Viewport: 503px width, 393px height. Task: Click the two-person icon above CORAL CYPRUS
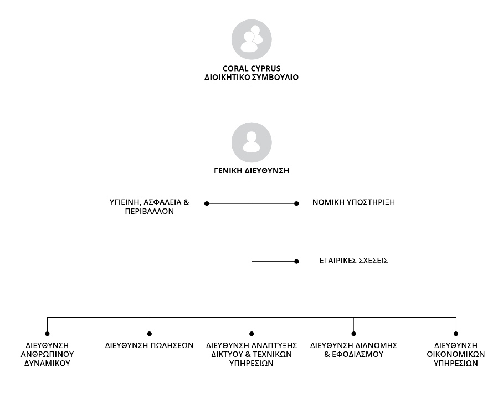coord(251,39)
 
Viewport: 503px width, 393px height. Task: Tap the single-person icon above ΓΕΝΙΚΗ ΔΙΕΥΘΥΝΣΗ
coord(251,142)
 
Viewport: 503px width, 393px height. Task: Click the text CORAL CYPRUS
coord(251,68)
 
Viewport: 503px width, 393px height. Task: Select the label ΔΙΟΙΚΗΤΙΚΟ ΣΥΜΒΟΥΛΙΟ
coord(251,78)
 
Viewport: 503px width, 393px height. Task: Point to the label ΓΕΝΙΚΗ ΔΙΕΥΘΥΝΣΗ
coord(251,171)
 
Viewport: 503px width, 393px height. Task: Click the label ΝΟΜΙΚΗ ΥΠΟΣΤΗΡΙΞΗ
coord(353,202)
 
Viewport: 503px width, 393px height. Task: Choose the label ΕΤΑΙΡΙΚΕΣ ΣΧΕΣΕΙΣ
coord(353,261)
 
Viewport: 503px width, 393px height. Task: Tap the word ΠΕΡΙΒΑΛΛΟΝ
coord(150,211)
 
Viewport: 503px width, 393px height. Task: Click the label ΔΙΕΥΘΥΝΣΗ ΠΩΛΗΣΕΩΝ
coord(150,345)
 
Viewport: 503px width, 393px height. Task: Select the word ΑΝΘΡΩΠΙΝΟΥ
coord(47,354)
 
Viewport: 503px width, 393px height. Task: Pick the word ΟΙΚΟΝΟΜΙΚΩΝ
coord(456,354)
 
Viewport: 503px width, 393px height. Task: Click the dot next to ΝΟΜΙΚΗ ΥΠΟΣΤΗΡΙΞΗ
coord(296,203)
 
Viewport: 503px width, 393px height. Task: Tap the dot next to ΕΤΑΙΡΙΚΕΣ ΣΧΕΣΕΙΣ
coord(296,262)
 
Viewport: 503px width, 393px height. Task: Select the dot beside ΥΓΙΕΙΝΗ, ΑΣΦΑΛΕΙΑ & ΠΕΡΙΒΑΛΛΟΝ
coord(207,203)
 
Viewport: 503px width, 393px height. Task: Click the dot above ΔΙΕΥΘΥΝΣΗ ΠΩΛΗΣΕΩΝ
coord(150,334)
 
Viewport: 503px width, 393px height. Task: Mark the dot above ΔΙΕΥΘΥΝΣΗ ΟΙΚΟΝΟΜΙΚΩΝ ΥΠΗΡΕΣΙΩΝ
coord(456,334)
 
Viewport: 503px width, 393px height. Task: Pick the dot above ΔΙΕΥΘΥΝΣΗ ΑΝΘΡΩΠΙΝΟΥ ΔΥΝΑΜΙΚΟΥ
coord(47,334)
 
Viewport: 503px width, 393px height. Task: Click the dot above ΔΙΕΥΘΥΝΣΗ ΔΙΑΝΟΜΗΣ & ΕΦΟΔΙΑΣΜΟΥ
coord(353,334)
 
